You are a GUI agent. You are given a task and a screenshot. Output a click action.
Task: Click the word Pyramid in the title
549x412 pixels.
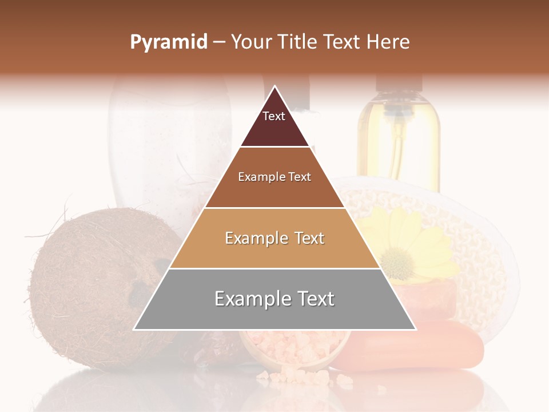[169, 42]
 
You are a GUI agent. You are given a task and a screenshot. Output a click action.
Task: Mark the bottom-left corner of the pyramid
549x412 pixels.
[134, 330]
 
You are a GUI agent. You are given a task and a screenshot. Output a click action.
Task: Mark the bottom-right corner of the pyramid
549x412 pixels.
[416, 330]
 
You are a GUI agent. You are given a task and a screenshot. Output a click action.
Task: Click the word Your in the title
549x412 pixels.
[250, 42]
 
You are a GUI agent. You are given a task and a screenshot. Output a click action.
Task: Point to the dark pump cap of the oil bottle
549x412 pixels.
[399, 83]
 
